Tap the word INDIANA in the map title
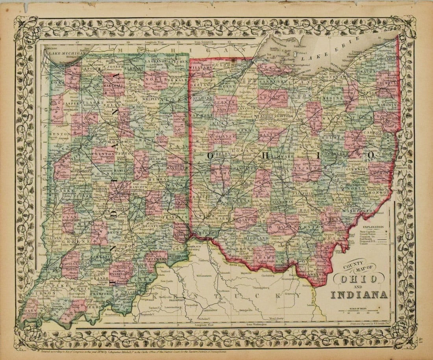click(359, 294)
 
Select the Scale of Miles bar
click(360, 310)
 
